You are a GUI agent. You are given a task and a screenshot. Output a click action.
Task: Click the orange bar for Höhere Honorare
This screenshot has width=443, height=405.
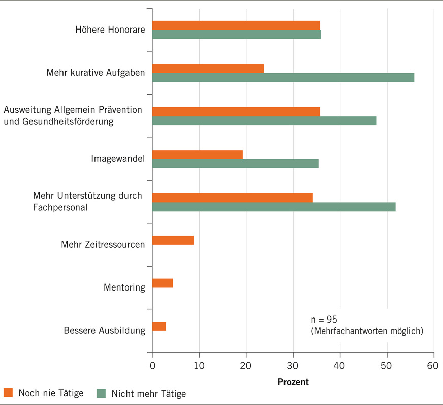(236, 25)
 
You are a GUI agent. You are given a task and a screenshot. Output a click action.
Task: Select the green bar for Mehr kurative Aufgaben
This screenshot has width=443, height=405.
(283, 77)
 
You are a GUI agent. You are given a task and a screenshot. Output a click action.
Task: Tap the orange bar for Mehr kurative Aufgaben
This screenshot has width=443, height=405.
(208, 68)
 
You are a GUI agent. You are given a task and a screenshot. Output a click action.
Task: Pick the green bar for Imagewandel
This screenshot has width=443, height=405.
(235, 163)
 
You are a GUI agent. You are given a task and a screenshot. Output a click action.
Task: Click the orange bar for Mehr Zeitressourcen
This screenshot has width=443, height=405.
(173, 240)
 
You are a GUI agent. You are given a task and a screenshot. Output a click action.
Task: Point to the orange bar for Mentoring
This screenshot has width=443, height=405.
(163, 283)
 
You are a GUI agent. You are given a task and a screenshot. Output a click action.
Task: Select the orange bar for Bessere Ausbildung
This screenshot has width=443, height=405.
(159, 326)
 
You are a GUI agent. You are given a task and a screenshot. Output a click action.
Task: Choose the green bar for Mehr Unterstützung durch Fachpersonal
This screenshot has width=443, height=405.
(274, 207)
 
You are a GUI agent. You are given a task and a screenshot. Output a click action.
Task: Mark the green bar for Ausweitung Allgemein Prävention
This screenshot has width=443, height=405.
(264, 121)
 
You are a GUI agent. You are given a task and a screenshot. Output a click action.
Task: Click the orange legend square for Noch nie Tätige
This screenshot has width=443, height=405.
(8, 393)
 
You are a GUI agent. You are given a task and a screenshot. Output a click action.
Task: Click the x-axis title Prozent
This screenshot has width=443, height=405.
(293, 381)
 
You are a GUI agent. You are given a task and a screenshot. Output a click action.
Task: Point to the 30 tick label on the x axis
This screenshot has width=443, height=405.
(293, 365)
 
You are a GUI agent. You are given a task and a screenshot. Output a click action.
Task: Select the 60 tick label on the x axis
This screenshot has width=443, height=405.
(433, 365)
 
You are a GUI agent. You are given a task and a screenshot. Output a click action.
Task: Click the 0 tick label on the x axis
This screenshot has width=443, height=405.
(152, 365)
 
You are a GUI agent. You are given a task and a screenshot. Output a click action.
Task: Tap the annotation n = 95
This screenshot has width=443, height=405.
(324, 320)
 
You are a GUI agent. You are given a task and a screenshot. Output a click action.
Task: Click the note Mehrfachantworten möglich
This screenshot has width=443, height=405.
(367, 331)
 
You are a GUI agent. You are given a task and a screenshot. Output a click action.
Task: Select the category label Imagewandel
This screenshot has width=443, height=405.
(118, 159)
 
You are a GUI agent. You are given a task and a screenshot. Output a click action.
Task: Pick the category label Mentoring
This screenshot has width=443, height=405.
(125, 288)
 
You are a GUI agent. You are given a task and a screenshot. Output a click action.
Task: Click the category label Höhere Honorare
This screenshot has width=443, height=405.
(110, 30)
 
